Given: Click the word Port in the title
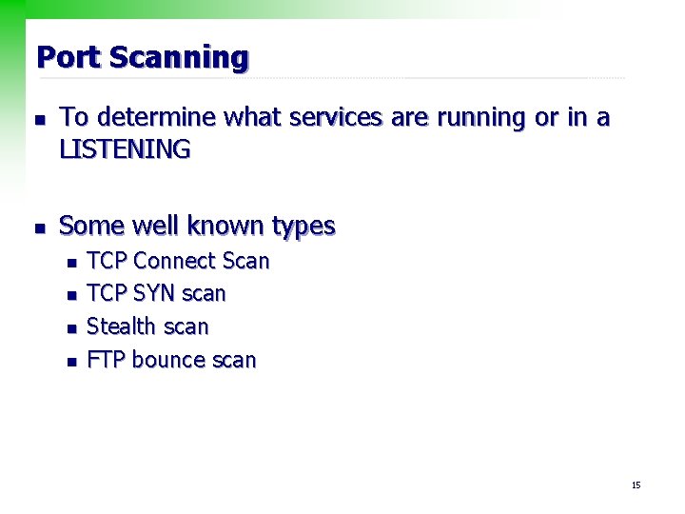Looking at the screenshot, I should point(68,57).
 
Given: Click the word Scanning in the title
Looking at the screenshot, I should point(179,59).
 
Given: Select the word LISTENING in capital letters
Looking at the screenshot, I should point(125,149).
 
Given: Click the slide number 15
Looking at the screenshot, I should point(636,485).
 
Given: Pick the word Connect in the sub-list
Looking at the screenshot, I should point(175,261).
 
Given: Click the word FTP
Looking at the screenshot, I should point(107,360).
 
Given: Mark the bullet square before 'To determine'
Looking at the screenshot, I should point(37,120).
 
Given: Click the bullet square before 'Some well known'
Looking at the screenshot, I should point(37,228).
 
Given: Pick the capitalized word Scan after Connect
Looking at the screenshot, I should point(245,261).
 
